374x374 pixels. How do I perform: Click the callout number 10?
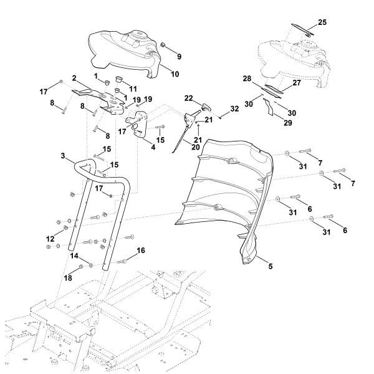[175, 74]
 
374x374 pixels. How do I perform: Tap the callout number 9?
[180, 56]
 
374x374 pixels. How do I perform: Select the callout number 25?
[322, 22]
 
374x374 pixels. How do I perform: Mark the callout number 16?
[141, 251]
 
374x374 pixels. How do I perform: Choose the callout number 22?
[189, 99]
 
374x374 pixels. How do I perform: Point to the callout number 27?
[297, 82]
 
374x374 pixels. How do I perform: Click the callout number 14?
[74, 256]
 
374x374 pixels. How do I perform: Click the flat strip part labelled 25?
[304, 27]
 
